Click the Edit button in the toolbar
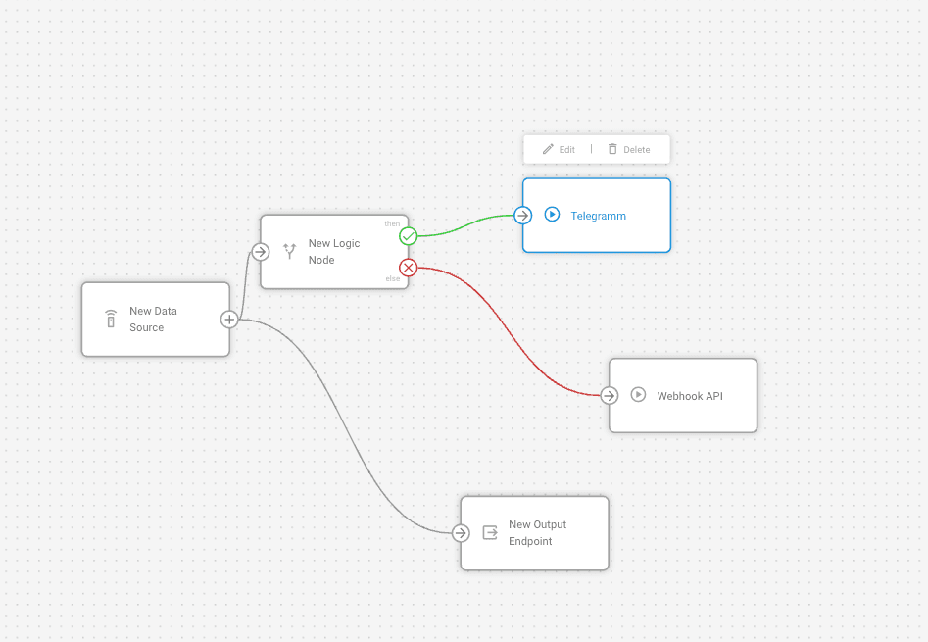coord(559,149)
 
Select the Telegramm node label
coord(598,216)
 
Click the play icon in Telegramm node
coord(552,215)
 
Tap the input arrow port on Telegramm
coord(523,216)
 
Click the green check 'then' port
coord(409,236)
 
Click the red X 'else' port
coord(409,268)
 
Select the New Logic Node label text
coord(334,252)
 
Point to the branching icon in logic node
coord(289,252)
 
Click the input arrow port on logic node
coord(260,252)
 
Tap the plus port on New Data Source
coord(228,320)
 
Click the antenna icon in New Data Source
coord(111,320)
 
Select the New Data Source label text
coord(153,320)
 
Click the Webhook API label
coord(689,396)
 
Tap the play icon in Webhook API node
coord(638,395)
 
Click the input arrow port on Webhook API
coord(610,396)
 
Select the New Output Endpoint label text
coord(537,533)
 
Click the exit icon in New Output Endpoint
coord(490,533)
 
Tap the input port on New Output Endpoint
coord(461,533)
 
